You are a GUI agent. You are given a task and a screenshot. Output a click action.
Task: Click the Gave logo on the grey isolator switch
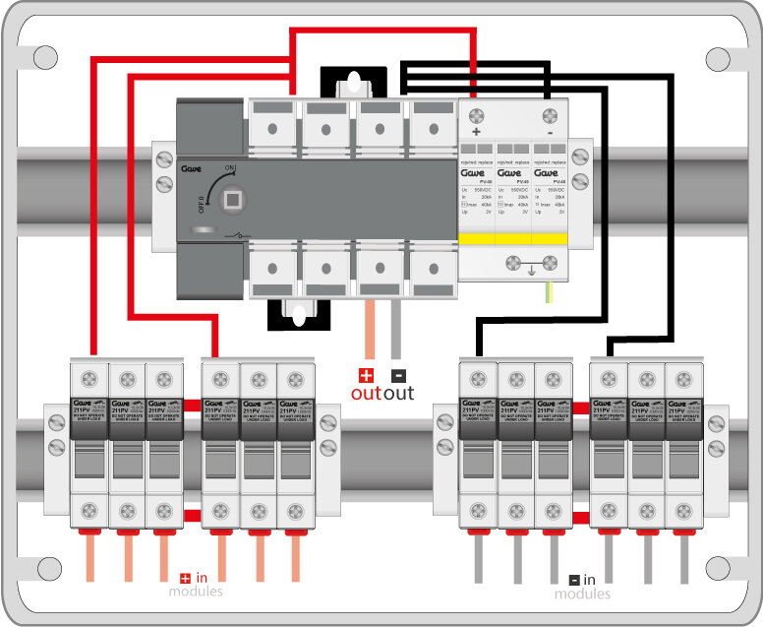192,169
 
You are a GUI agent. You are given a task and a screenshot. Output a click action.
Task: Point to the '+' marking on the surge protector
477,131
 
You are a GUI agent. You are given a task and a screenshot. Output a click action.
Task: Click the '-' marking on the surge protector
549,131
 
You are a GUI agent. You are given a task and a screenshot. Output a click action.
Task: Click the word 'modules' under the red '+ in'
196,592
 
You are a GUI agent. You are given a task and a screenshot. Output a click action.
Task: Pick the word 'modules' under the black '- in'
582,594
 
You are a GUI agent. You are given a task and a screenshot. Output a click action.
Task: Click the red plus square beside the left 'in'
185,579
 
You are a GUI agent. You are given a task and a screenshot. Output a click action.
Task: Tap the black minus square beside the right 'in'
574,580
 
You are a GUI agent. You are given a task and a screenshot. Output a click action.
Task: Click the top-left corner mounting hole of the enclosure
45,57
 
